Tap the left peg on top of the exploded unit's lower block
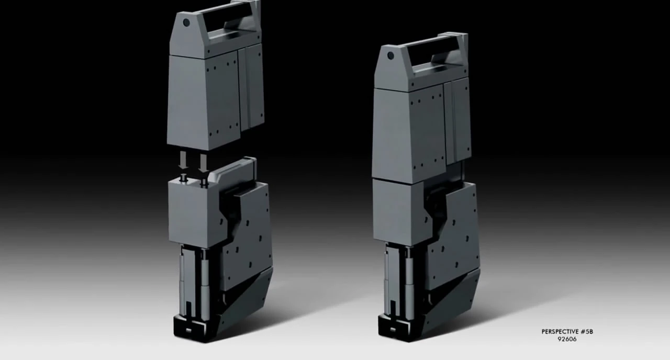pyautogui.click(x=184, y=179)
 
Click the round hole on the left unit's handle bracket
pyautogui.click(x=186, y=23)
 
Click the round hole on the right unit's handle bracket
pyautogui.click(x=390, y=56)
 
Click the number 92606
pyautogui.click(x=567, y=339)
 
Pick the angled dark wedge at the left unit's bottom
pyautogui.click(x=246, y=298)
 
